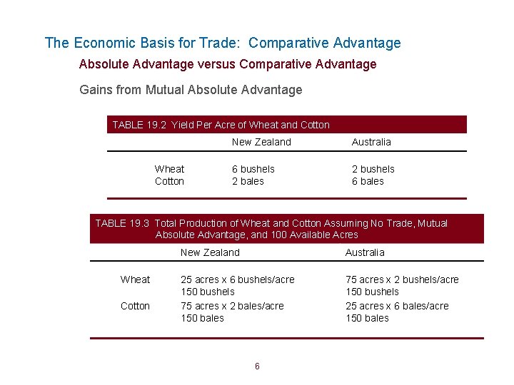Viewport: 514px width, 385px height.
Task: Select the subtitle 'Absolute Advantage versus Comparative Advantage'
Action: point(228,64)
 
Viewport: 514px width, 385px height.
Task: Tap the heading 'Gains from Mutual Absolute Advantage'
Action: point(191,90)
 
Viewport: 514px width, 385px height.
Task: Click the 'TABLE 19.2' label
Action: point(138,125)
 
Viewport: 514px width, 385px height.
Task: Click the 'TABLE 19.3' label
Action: point(122,223)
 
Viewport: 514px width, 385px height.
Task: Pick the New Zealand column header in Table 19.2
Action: point(261,142)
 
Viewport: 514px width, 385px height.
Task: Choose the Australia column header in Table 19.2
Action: point(371,142)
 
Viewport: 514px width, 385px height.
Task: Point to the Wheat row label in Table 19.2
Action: point(169,169)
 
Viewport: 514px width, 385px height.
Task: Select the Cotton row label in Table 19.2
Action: point(169,181)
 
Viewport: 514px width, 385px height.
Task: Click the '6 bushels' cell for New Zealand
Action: point(253,169)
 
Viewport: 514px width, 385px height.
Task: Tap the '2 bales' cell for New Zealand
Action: point(248,181)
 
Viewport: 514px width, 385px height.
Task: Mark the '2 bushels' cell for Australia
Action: point(373,169)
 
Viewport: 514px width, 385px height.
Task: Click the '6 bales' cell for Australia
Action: point(368,181)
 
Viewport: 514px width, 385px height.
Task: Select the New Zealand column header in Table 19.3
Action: point(210,252)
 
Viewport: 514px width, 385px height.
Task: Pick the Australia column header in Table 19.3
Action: point(365,252)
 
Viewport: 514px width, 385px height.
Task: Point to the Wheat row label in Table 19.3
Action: point(135,279)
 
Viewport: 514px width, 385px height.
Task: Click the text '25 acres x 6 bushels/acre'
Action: point(237,279)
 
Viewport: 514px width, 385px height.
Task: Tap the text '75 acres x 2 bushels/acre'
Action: point(402,279)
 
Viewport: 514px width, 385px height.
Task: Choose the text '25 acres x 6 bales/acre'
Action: point(397,306)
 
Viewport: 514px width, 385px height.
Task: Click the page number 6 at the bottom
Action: point(257,366)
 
